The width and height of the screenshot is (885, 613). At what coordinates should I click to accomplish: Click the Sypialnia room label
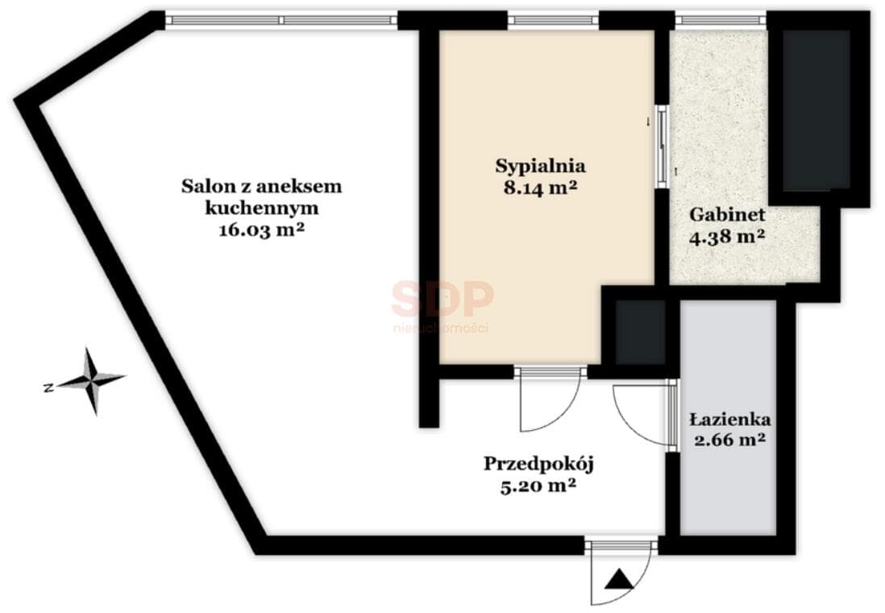point(540,167)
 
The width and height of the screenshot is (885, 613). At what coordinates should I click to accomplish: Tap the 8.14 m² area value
point(540,188)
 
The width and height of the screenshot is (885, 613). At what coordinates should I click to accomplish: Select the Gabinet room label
point(727,214)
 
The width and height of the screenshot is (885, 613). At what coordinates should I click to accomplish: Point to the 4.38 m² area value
point(727,236)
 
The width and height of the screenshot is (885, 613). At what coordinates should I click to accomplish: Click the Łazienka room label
point(730,420)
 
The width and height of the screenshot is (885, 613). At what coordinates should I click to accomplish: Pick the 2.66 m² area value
point(730,439)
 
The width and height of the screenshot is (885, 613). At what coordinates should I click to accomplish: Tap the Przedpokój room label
point(539,465)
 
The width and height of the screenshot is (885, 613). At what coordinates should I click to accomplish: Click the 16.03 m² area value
point(261,230)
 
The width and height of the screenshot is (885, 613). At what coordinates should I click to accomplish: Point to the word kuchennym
point(261,208)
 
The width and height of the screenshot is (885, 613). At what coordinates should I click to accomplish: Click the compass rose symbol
point(91,381)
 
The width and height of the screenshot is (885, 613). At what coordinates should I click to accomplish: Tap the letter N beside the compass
point(48,388)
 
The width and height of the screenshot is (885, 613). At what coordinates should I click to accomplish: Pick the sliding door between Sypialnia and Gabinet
point(663,146)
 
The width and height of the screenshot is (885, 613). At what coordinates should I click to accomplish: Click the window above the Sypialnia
point(553,21)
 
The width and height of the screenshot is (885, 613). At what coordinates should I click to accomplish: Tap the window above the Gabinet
point(721,21)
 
